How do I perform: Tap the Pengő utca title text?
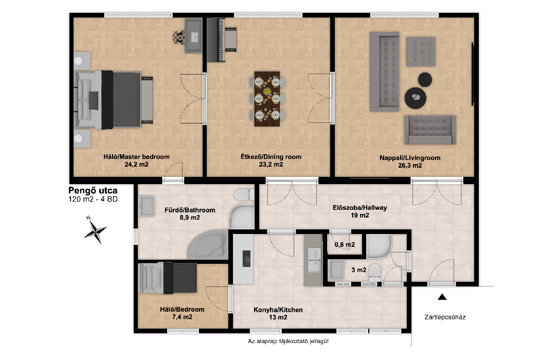click(x=93, y=190)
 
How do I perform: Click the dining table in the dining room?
click(x=267, y=99)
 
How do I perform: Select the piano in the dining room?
click(x=216, y=40)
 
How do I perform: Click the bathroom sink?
click(x=147, y=206)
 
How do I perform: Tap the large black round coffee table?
click(x=416, y=98)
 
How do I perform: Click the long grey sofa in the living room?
click(x=385, y=71)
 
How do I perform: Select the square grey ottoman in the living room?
click(x=421, y=51)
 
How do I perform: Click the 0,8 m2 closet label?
click(x=345, y=245)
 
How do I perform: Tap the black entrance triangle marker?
click(x=442, y=297)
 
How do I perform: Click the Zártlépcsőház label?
click(x=445, y=317)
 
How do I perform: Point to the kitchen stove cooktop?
click(x=246, y=259)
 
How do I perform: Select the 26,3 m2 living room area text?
click(x=410, y=166)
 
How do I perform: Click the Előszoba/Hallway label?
click(x=360, y=208)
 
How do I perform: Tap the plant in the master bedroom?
click(x=179, y=37)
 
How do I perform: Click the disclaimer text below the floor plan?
click(x=288, y=341)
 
